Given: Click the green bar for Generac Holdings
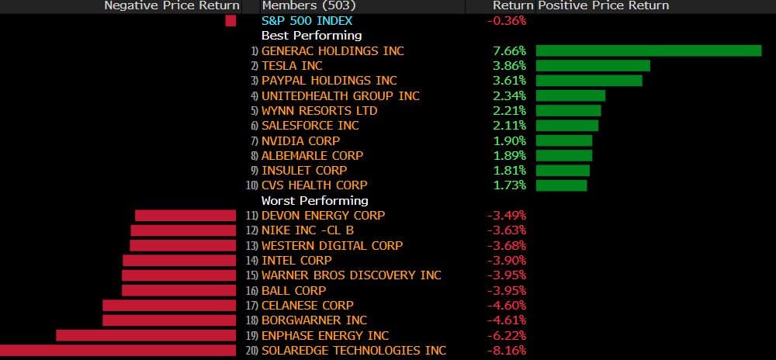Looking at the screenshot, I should [x=649, y=50].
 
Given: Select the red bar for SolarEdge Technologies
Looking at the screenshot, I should [x=118, y=351].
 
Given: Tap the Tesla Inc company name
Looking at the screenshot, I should [x=292, y=66].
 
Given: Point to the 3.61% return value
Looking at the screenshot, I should [x=510, y=81].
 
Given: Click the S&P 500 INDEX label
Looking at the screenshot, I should [x=307, y=21].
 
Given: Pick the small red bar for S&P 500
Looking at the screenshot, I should [x=230, y=21].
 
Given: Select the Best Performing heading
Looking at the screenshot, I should [x=311, y=36].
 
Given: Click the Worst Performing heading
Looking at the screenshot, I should [x=314, y=200].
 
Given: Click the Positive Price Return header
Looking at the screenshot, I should [x=603, y=5].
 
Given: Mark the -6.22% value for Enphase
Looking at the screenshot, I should [x=507, y=336].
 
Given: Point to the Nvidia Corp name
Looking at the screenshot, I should [x=300, y=140].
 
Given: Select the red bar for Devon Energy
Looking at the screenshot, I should [x=185, y=216].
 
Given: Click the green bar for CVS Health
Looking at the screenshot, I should [x=561, y=185].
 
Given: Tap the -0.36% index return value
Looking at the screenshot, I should [x=507, y=21].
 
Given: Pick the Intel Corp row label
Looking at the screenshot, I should [x=296, y=261].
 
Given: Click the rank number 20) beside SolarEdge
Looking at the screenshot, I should [x=251, y=351].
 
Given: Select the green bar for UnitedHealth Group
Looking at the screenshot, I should [x=570, y=95].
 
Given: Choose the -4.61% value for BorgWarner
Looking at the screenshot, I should [x=507, y=320].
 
